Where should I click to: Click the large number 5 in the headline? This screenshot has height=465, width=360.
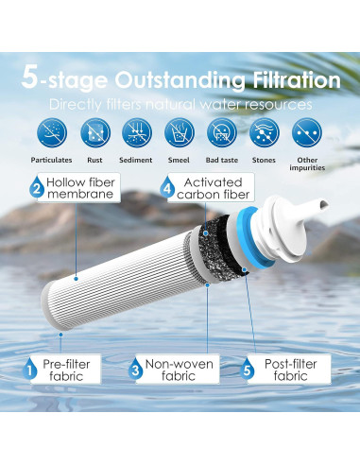coord(30,77)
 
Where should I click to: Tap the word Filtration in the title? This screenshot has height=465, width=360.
coord(297,80)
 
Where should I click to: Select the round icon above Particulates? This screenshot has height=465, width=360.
coord(52,132)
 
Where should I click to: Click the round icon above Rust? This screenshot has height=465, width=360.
coord(95,132)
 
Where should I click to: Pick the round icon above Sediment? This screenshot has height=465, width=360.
coord(137,132)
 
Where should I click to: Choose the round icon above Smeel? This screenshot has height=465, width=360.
coord(180,132)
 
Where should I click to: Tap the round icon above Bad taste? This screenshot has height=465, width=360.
coord(222,132)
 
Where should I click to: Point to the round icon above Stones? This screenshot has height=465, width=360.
coord(265,132)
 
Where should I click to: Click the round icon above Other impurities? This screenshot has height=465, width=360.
coord(307,132)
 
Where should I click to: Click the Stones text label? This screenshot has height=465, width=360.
coord(264,160)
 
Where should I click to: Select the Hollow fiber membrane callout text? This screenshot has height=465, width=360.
coord(80,188)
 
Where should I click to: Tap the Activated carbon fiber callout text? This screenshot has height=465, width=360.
coord(214,188)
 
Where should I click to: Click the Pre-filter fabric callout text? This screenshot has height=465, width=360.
coord(66,370)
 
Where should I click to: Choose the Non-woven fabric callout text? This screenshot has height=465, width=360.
coord(179,370)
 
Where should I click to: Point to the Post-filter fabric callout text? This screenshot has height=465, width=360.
coord(290,370)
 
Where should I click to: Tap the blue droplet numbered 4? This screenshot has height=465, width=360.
coord(167,188)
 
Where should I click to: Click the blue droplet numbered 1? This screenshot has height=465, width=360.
coord(30,370)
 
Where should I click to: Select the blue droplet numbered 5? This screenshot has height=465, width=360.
coord(247,370)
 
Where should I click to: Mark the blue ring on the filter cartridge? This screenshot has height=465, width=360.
coord(252,236)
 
